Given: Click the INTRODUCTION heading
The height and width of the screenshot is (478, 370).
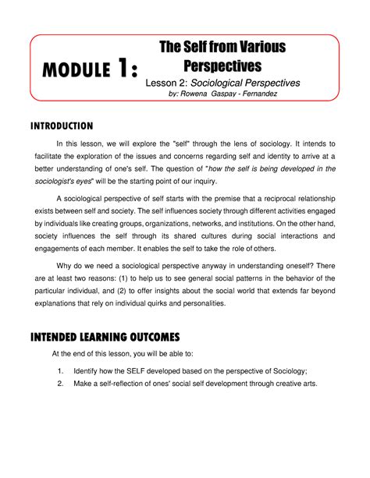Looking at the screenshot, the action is point(62,125).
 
